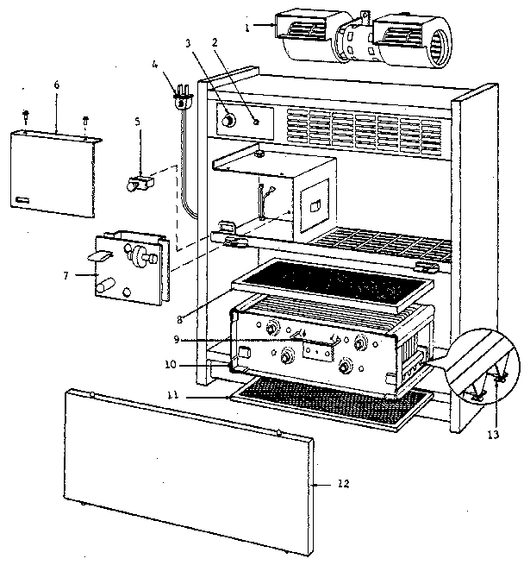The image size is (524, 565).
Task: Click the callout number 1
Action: pyautogui.click(x=246, y=28)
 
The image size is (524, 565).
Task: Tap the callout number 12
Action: pyautogui.click(x=344, y=485)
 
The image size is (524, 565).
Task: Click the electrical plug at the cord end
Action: pyautogui.click(x=182, y=96)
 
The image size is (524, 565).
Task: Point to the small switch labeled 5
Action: pyautogui.click(x=140, y=183)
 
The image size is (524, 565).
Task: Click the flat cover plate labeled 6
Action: pyautogui.click(x=59, y=173)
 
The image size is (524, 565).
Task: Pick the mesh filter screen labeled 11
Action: pyautogui.click(x=327, y=406)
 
